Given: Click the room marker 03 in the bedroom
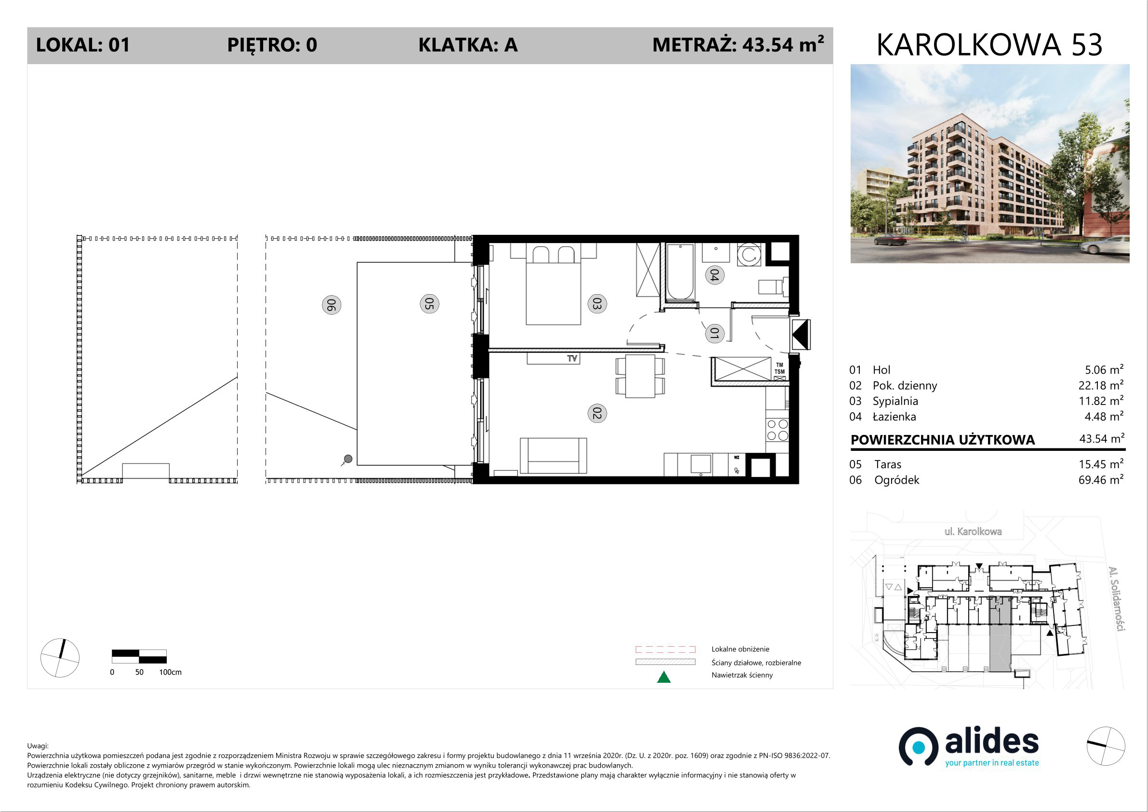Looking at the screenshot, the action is [597, 304].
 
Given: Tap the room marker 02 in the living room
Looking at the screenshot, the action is [597, 413].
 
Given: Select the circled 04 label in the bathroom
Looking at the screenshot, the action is [715, 275].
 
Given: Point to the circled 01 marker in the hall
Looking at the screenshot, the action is [715, 333].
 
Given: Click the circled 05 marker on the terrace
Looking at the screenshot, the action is [429, 304].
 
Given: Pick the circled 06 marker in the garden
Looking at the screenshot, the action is [331, 305].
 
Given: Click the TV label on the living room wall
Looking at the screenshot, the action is [572, 358].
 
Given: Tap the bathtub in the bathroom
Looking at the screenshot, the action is [680, 272].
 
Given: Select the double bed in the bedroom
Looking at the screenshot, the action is [553, 284].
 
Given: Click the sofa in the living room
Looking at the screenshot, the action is [553, 455].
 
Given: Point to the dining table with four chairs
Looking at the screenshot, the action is [641, 376].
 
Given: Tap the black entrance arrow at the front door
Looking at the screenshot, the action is [800, 334].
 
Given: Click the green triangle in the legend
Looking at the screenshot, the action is [664, 677].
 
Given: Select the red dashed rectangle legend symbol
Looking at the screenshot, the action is [665, 650].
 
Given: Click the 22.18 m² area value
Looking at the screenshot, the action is [1101, 385].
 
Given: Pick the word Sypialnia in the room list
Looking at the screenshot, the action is [895, 401].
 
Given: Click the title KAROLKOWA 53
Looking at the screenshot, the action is [989, 45].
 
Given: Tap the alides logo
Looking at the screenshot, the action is [969, 747].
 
